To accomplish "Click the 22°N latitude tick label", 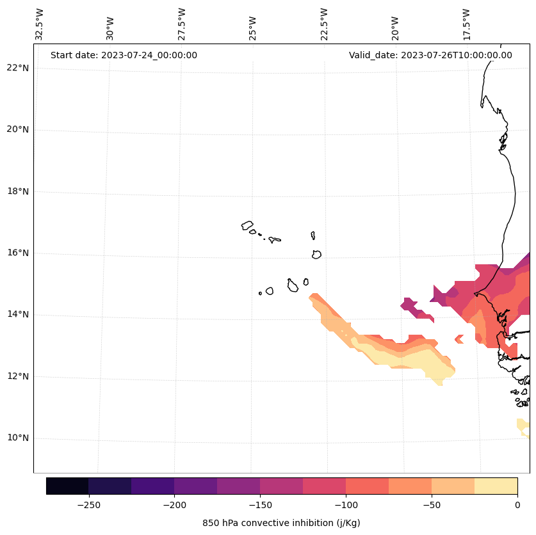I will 18,68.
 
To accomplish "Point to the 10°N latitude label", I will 18,438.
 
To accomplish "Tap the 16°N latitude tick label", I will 18,253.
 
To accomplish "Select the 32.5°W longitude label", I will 40,24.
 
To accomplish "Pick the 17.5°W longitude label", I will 467,24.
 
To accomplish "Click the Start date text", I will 124,55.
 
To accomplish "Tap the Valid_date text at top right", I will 430,55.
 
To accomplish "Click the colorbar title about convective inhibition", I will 281,523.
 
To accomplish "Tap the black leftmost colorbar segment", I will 67,486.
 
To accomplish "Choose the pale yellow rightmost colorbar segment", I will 496,486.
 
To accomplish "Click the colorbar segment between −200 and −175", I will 195,486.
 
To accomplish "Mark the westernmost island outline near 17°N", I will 247,225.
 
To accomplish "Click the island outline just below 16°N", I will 316,254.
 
